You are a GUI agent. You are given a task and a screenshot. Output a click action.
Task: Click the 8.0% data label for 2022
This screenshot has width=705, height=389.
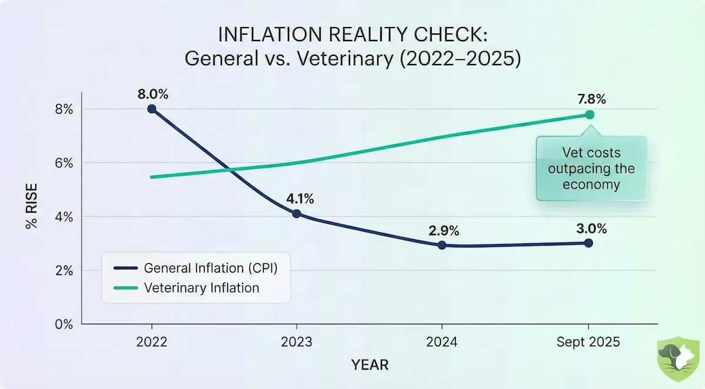152,93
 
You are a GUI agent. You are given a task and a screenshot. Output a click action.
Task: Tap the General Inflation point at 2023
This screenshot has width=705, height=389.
297,213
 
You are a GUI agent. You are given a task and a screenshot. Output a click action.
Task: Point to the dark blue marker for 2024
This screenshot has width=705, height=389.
442,245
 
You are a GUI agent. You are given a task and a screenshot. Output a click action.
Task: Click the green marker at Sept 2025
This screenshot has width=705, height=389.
589,115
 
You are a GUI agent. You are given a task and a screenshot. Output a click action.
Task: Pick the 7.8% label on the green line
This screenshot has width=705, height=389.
589,98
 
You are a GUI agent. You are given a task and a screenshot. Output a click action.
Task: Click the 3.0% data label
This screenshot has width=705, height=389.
590,228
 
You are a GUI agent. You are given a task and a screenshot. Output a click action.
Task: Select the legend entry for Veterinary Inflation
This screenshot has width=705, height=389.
201,288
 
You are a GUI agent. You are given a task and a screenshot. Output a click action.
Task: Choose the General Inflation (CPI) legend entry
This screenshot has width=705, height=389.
210,269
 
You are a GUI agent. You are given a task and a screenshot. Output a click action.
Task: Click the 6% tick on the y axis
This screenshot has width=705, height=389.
64,163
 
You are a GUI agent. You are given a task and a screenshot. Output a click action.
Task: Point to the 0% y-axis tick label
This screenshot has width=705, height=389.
64,324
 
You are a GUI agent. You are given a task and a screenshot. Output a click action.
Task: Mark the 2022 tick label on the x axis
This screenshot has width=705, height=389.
152,342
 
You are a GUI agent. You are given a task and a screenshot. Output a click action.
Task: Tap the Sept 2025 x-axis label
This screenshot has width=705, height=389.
589,342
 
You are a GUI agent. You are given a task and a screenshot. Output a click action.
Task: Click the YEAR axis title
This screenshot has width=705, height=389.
370,365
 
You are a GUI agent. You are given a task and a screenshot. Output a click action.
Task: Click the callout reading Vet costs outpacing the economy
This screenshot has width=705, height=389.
591,169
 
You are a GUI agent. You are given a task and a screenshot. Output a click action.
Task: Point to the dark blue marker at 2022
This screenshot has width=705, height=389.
152,109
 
